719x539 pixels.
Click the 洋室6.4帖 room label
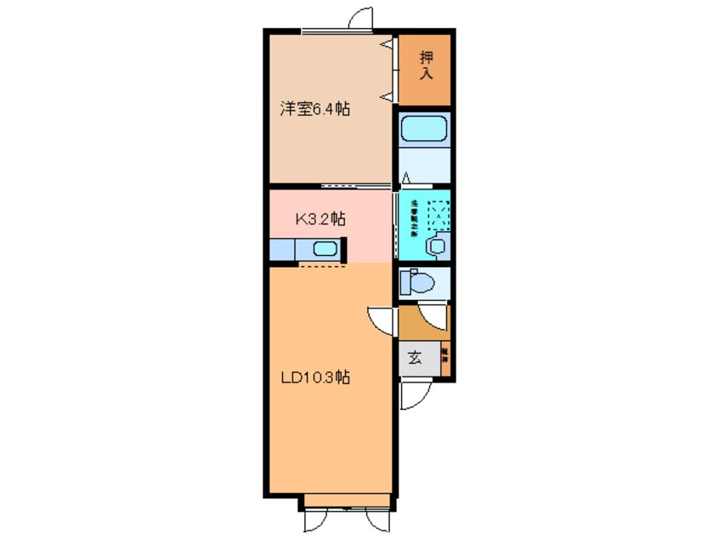tap(314, 109)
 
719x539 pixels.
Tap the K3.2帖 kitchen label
tap(320, 218)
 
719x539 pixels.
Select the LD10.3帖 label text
tap(315, 378)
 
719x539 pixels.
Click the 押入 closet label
tap(426, 65)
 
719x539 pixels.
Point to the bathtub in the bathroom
tap(422, 130)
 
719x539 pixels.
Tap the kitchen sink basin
tap(325, 249)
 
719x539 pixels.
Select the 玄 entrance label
tap(414, 358)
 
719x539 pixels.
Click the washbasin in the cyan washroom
tap(437, 246)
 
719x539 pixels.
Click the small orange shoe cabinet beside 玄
tap(445, 358)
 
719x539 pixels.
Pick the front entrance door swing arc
tap(416, 396)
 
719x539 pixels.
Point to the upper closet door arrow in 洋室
tap(387, 43)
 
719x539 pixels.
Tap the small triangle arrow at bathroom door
tap(406, 178)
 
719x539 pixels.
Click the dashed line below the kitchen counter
tap(322, 266)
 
